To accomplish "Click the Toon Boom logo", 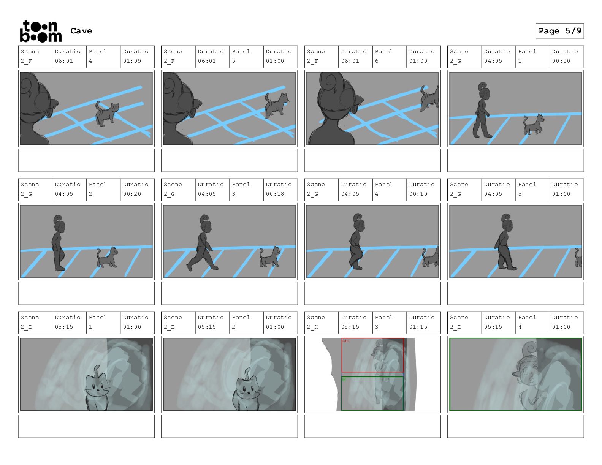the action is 41,31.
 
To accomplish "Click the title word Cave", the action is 81,31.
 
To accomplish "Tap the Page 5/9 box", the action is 559,31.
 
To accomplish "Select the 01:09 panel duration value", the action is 132,61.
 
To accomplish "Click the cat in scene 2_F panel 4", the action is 107,114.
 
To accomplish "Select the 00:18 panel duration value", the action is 275,194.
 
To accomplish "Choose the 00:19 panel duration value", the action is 418,194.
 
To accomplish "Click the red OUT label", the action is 346,341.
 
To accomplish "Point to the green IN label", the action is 344,380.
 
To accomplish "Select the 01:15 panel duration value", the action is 418,327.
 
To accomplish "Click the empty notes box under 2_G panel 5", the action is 515,293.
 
